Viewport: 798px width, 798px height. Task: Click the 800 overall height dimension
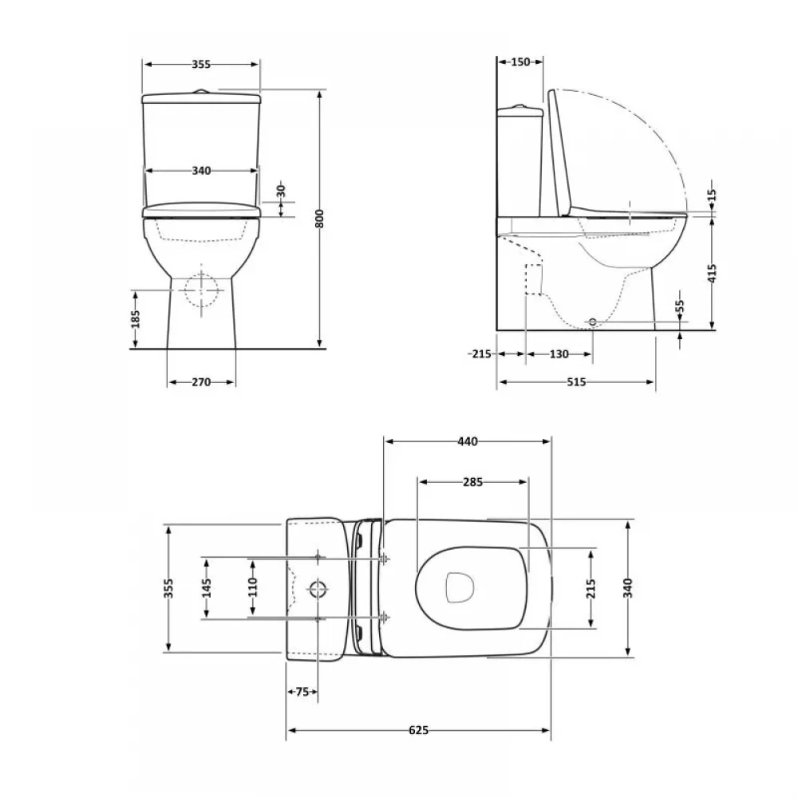pos(320,219)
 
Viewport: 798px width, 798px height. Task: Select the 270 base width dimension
pos(201,382)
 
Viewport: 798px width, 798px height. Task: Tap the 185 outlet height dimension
pos(136,319)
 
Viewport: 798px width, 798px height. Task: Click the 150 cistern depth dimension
pos(520,62)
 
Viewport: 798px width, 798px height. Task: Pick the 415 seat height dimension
pos(712,273)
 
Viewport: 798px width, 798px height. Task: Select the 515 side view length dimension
pos(576,382)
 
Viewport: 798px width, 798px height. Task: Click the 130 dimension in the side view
pos(559,354)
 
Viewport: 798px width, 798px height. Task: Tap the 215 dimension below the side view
pos(481,354)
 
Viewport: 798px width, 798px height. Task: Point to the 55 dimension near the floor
pos(681,307)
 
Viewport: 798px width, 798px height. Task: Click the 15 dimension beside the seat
pos(712,195)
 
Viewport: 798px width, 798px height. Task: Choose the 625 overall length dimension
pos(418,730)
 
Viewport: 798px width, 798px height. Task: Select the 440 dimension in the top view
pos(467,442)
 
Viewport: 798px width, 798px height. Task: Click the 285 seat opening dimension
pos(472,482)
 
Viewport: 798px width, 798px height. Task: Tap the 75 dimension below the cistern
pos(302,692)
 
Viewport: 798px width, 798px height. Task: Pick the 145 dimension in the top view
pos(206,588)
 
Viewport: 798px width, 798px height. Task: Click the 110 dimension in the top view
pos(253,587)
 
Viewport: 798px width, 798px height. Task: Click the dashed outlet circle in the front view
pos(202,290)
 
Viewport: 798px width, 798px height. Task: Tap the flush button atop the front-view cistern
pos(202,92)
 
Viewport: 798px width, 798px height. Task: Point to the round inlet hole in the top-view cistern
pos(318,589)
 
